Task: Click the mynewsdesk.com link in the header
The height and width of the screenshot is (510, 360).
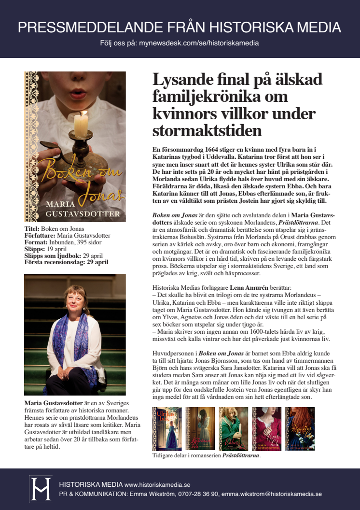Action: pyautogui.click(x=199, y=43)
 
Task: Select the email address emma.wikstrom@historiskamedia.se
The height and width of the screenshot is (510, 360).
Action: pyautogui.click(x=275, y=494)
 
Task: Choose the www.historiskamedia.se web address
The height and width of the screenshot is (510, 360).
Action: pyautogui.click(x=157, y=484)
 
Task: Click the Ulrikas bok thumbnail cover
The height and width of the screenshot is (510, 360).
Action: pyautogui.click(x=167, y=429)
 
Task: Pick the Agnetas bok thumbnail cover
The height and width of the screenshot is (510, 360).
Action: pyautogui.click(x=300, y=429)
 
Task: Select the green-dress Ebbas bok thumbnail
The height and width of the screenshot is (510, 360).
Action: pyautogui.click(x=233, y=429)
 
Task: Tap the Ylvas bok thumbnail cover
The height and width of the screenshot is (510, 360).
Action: pyautogui.click(x=266, y=429)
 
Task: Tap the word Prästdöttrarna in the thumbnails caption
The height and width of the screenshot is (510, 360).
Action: pyautogui.click(x=240, y=455)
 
